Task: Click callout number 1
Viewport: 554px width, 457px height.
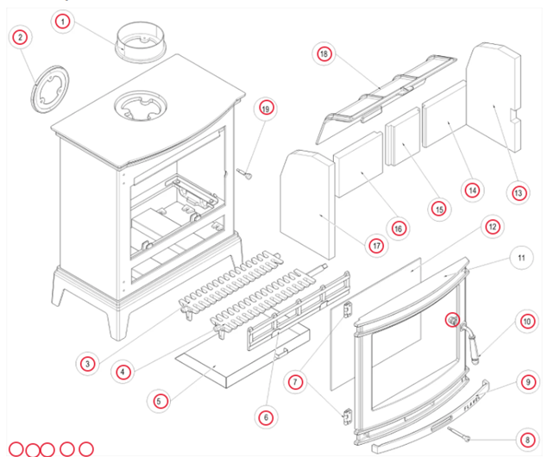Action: [62, 22]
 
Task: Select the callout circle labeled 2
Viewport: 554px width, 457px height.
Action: [20, 37]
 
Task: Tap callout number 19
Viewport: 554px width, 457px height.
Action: [265, 109]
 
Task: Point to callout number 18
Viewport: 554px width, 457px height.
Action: [324, 54]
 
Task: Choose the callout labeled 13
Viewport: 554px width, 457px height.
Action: [518, 194]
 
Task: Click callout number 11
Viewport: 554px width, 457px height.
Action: [520, 258]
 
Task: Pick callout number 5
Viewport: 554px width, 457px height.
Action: [158, 400]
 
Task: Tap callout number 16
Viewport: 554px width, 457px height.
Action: [398, 228]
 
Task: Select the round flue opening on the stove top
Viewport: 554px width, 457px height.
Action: [141, 104]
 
